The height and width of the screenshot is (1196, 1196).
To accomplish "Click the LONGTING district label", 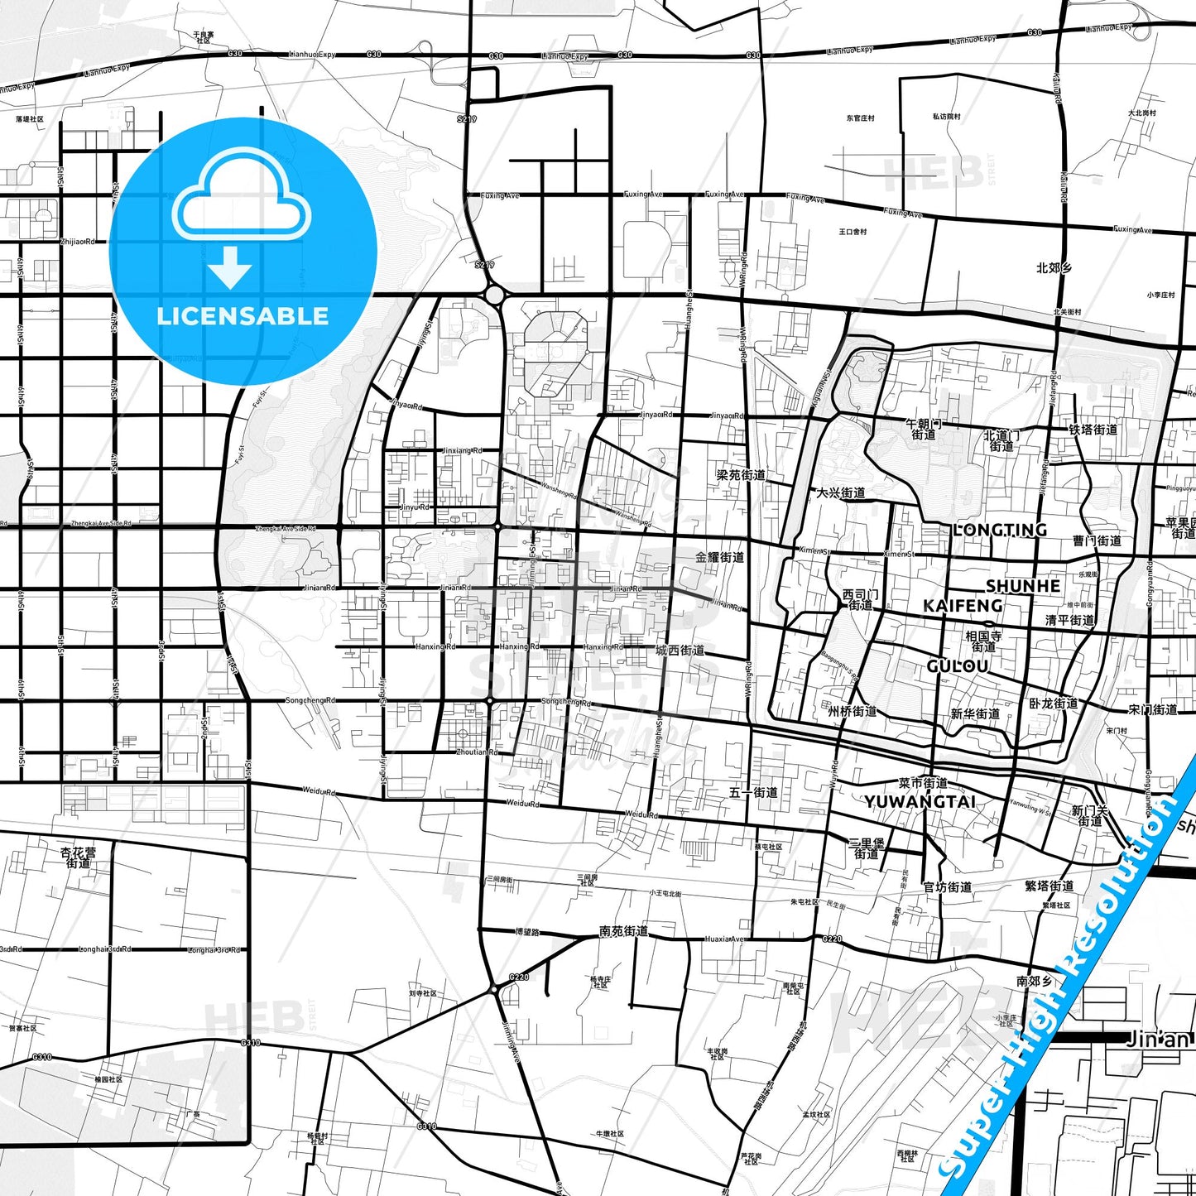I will (x=1000, y=530).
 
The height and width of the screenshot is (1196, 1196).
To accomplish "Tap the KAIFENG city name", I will (x=963, y=606).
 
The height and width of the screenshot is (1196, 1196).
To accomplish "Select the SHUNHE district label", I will (x=1022, y=586).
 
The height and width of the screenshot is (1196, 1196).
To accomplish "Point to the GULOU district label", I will (x=958, y=666).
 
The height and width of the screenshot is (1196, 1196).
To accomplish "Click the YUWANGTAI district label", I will (x=920, y=802).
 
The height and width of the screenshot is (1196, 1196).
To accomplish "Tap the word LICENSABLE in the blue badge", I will (x=243, y=316).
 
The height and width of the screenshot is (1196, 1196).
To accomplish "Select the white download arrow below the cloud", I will (x=230, y=267).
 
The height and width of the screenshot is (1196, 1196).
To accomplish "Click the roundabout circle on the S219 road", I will (x=495, y=295).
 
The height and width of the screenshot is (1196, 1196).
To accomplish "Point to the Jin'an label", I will (x=1158, y=1039).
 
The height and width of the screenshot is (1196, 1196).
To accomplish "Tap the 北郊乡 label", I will (x=1054, y=268).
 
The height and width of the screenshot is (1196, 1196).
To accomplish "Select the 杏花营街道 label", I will (x=78, y=857).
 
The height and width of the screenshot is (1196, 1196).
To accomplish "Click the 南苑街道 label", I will (x=624, y=931).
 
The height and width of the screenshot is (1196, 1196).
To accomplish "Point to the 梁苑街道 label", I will (x=741, y=475).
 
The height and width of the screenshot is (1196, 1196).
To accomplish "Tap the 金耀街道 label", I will (x=719, y=558).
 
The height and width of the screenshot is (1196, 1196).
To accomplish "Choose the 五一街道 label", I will (x=753, y=792).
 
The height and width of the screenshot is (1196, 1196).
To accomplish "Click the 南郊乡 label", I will (x=1035, y=981).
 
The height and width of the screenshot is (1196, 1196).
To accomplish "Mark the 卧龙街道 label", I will (x=1054, y=704).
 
